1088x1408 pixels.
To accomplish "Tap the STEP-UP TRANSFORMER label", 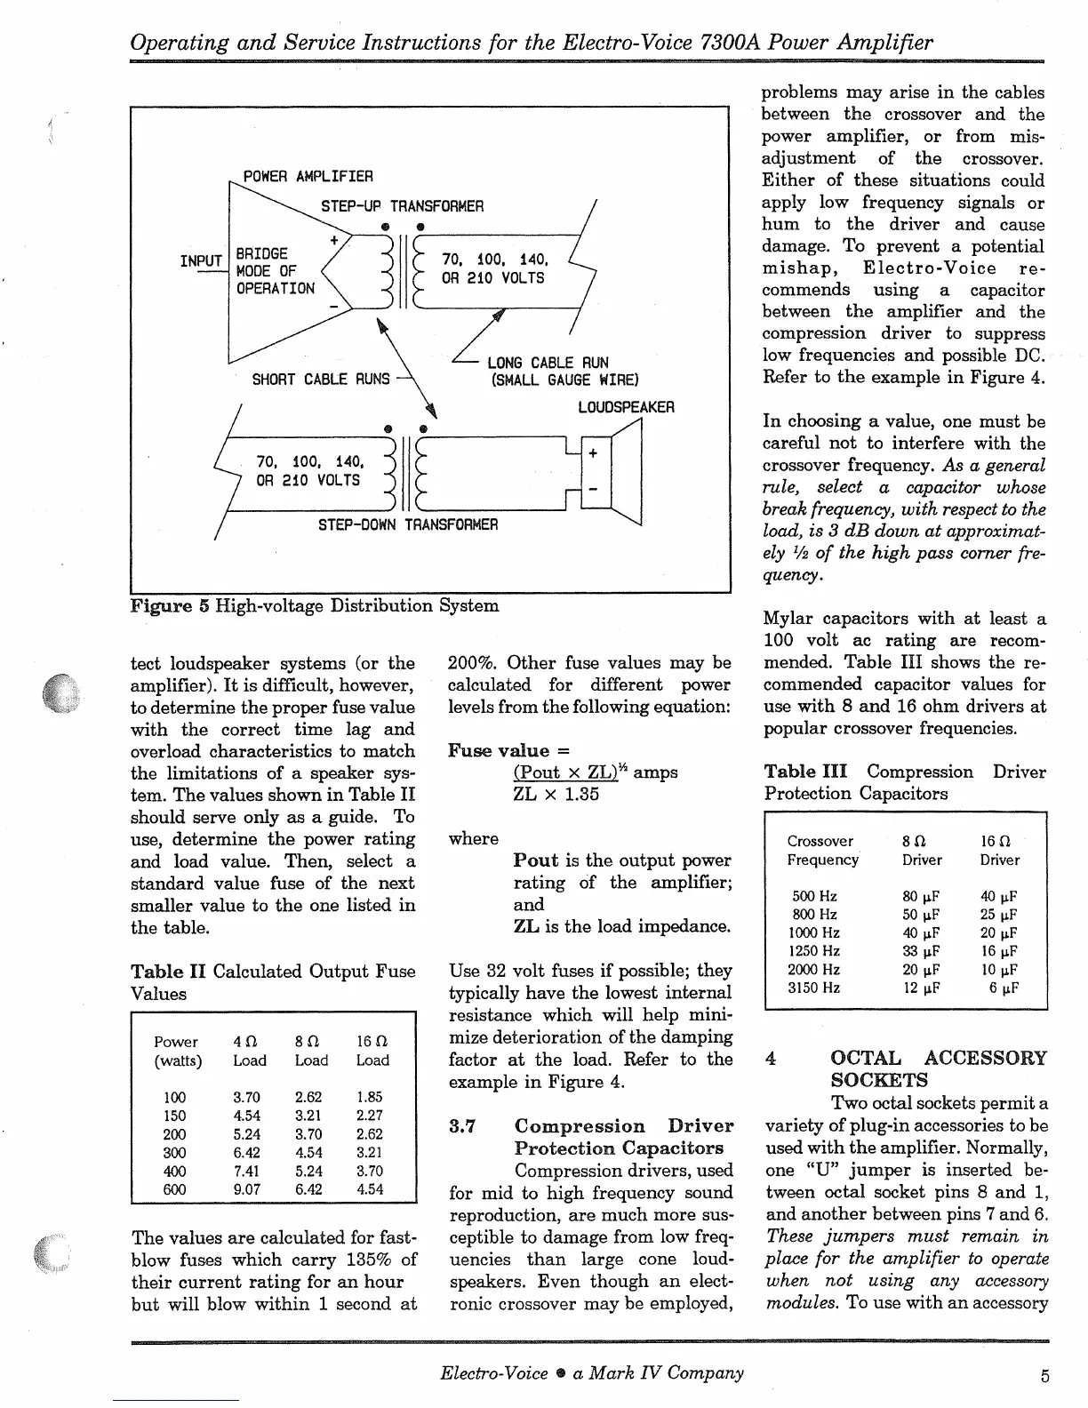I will pos(402,206).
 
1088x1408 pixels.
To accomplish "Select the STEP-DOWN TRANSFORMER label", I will pos(408,524).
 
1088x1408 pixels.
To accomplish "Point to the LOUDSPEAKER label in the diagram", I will pos(626,407).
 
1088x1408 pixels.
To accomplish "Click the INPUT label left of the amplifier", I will pos(201,260).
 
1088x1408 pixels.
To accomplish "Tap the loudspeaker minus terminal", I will pos(592,492).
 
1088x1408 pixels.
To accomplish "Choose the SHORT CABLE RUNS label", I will pos(321,380).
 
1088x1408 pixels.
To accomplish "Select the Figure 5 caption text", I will pos(314,606).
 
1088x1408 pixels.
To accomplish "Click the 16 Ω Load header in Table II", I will pos(372,1051).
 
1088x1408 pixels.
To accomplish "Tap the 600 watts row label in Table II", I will pos(175,1189).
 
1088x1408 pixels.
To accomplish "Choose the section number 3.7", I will pos(460,1127).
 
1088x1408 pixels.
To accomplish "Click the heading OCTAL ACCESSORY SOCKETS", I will pos(938,1069).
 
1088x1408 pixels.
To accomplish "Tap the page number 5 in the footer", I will pos(1044,1375).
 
